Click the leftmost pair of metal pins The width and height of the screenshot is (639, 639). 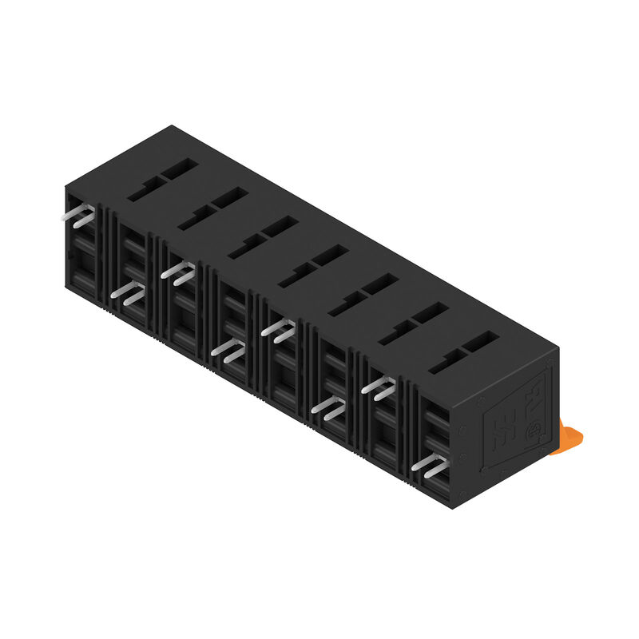click(x=81, y=217)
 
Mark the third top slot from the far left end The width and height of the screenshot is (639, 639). click(x=260, y=236)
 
